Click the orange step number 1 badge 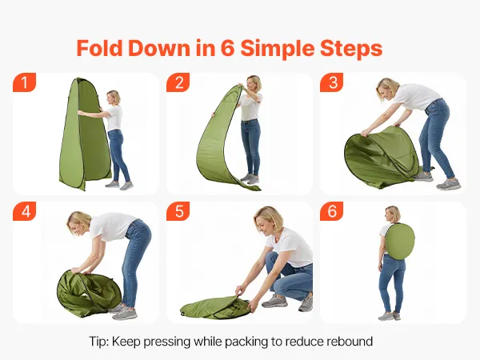25,82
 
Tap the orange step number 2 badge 178,82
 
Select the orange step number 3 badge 332,82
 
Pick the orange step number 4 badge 25,211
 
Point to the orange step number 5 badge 178,211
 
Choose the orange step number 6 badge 332,211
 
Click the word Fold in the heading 100,48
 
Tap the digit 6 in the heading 227,48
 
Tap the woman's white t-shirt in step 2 250,107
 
